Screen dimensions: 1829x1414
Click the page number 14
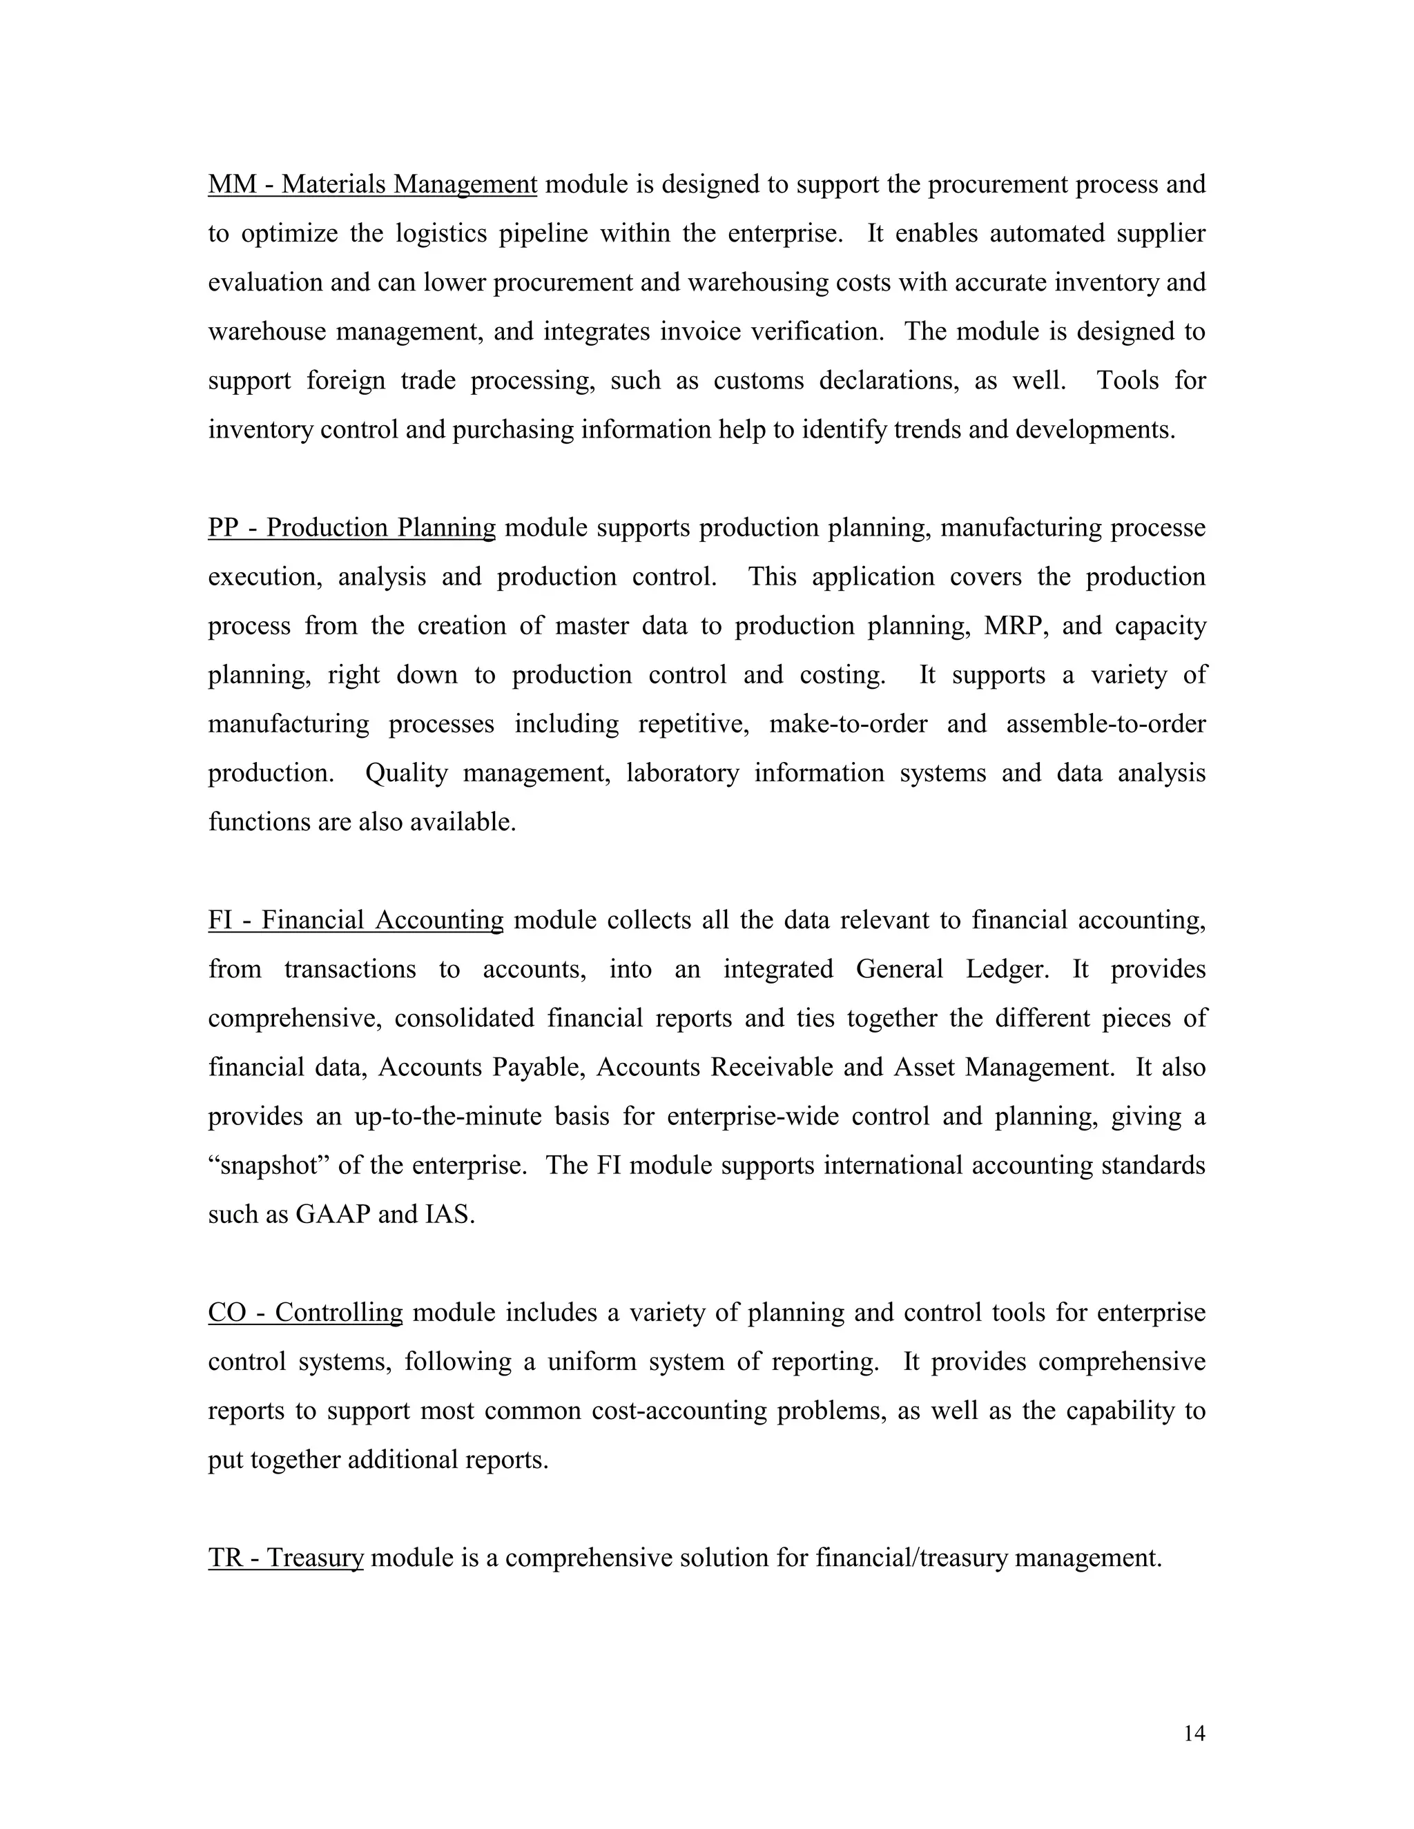tap(1194, 1734)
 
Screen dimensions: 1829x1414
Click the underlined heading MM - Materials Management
tap(372, 184)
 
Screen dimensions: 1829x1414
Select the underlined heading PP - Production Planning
tap(352, 527)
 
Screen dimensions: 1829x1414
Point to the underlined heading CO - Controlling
tap(305, 1312)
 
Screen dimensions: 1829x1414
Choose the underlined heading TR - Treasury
tap(286, 1558)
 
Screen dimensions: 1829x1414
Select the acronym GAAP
tap(333, 1214)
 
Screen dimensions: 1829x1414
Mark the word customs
tap(758, 380)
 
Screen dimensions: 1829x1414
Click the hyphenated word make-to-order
tap(848, 723)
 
